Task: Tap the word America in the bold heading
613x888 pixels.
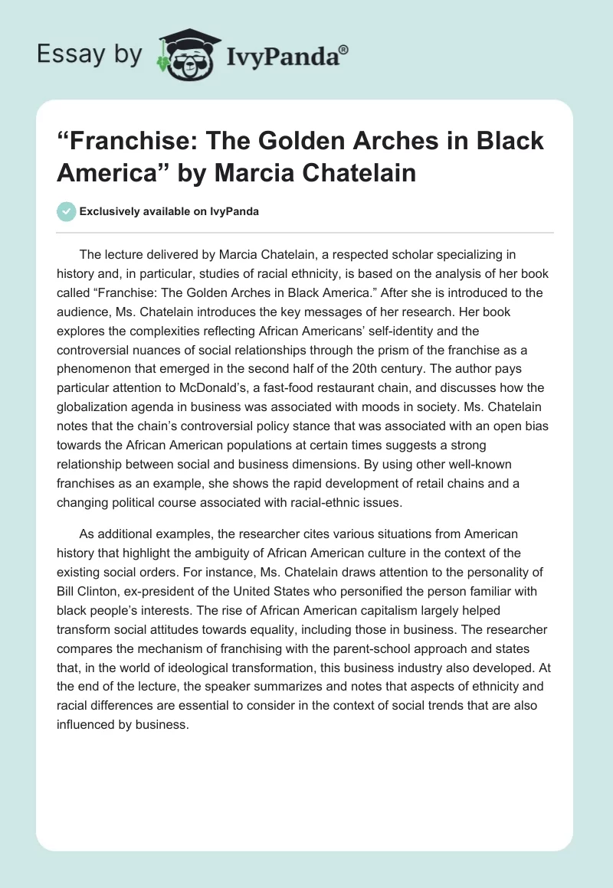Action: [100, 172]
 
